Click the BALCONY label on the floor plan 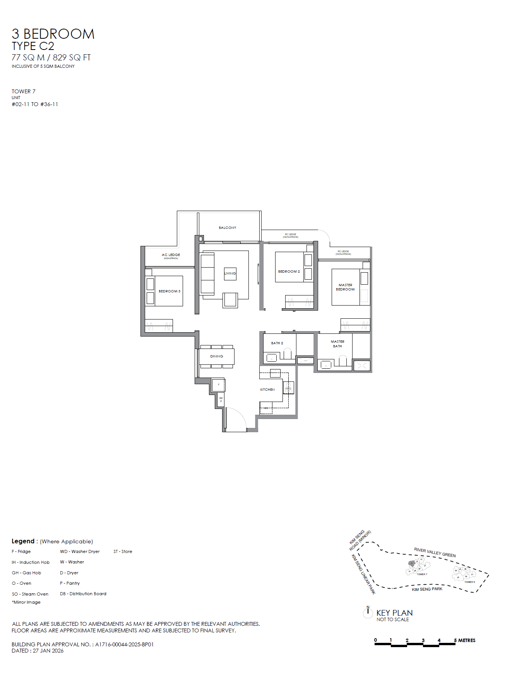[x=228, y=228]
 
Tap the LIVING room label [x=230, y=273]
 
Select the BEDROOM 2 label [x=289, y=271]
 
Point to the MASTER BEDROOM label [x=345, y=287]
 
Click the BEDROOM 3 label [x=169, y=291]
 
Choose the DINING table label [x=217, y=356]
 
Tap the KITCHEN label [x=267, y=390]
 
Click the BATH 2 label [x=277, y=343]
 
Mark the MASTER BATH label [x=337, y=344]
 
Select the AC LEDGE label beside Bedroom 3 [x=171, y=255]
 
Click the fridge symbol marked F [x=219, y=385]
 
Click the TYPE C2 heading [x=33, y=46]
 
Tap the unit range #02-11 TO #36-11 [x=35, y=104]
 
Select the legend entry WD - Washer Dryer [x=80, y=551]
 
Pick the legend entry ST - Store [x=123, y=551]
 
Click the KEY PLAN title [x=394, y=613]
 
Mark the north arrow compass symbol [x=368, y=612]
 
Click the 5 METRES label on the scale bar [x=465, y=641]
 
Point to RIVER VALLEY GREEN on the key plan [x=435, y=553]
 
